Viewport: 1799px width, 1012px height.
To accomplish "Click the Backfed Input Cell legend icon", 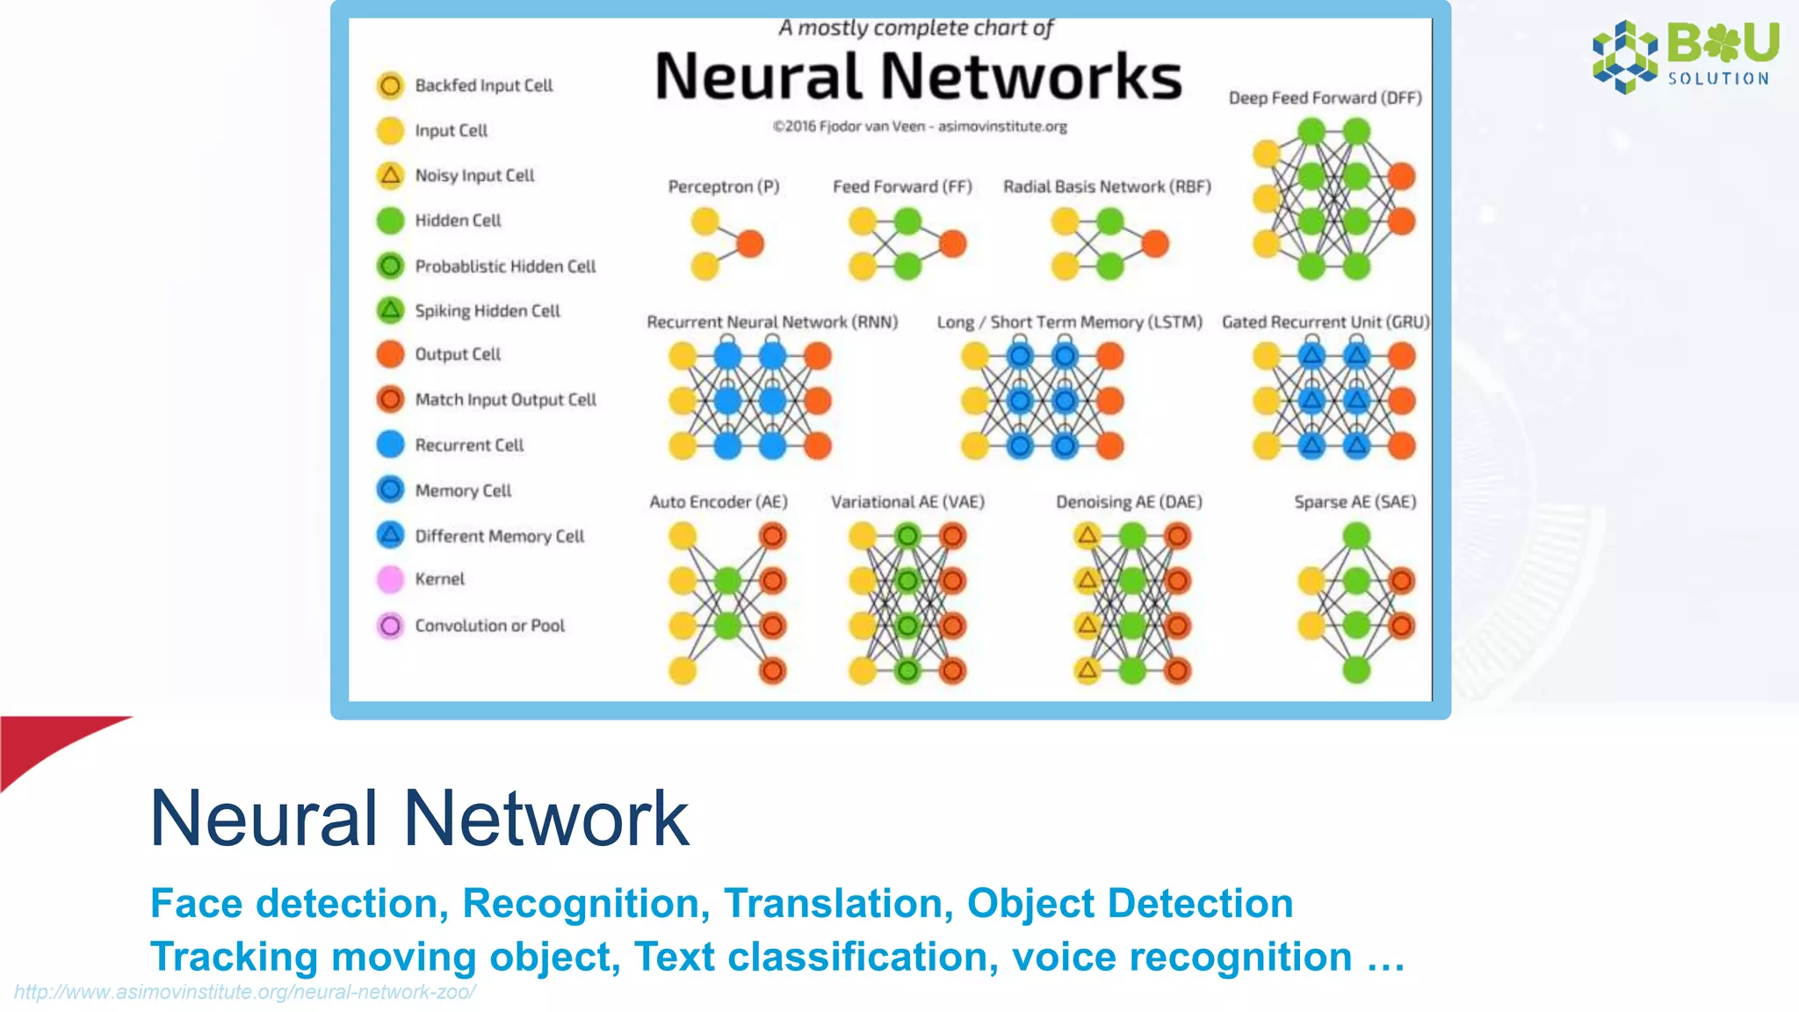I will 390,85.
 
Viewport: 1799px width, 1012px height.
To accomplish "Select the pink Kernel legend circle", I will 390,579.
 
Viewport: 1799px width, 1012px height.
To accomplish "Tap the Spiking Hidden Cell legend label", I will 487,311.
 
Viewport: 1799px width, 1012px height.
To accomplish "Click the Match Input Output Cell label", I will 505,400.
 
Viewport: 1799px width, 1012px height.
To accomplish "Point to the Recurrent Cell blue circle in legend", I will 390,445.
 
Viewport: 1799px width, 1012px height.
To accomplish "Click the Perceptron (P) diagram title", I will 723,186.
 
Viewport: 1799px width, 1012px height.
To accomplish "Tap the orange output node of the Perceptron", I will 750,243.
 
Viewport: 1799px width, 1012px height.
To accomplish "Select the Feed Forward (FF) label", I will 902,186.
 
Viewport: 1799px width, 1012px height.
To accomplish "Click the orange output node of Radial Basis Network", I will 1155,243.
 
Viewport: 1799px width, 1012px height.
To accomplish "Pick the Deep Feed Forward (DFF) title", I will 1325,98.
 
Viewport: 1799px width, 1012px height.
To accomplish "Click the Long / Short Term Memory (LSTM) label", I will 1069,322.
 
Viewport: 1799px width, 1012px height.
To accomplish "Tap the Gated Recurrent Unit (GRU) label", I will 1325,322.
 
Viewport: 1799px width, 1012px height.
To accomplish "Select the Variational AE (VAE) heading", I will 907,502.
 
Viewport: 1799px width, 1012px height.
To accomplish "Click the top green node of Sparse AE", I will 1356,535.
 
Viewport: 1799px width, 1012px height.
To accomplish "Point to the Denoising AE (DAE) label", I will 1129,502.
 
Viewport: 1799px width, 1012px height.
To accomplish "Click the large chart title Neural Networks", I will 918,76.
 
